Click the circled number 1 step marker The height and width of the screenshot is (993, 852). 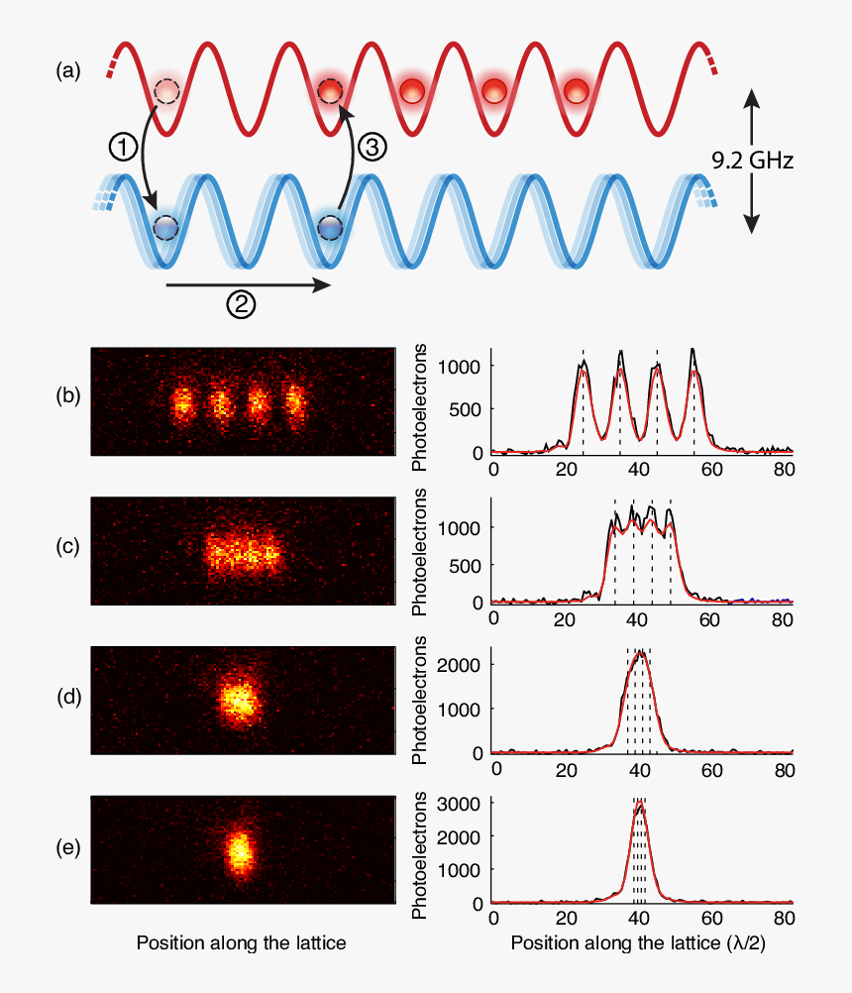click(x=120, y=148)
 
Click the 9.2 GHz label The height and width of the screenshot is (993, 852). click(x=753, y=160)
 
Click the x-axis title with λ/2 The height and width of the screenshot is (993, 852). click(x=638, y=944)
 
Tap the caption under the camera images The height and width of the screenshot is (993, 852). click(x=241, y=943)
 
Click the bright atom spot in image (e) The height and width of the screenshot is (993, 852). click(x=238, y=850)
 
